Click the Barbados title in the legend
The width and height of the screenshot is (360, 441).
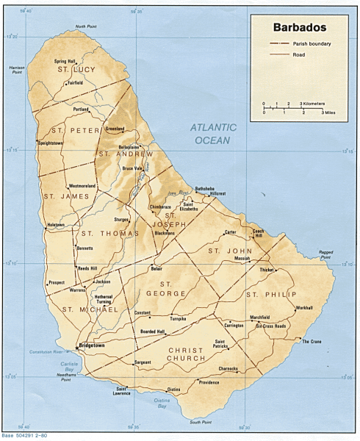point(300,28)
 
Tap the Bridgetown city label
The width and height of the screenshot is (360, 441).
point(92,344)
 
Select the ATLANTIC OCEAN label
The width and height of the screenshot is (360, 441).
point(214,132)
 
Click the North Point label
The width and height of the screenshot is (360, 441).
point(85,26)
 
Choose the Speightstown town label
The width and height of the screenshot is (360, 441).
point(47,143)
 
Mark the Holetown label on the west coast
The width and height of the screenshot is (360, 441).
point(56,224)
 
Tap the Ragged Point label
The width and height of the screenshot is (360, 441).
point(326,255)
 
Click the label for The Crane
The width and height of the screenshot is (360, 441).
point(312,341)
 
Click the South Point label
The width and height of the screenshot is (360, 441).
point(201,422)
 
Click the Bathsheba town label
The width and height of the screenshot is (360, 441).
point(204,188)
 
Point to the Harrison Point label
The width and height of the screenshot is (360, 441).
point(16,70)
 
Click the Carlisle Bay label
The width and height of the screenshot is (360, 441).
point(71,365)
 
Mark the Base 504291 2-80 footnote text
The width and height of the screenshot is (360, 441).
point(24,437)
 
